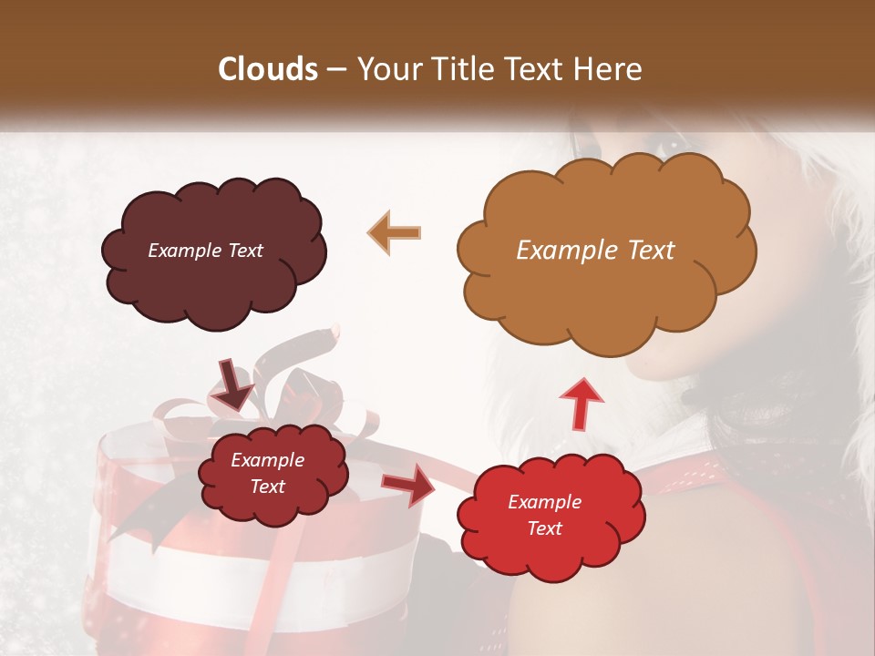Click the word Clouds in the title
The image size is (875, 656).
tap(268, 69)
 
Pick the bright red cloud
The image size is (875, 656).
tap(550, 515)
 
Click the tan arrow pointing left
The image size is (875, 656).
tap(395, 233)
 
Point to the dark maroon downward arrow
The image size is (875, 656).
tap(234, 383)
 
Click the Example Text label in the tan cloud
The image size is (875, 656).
tap(595, 251)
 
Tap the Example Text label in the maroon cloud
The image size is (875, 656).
tap(205, 251)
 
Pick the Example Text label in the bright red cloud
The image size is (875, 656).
tap(544, 515)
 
